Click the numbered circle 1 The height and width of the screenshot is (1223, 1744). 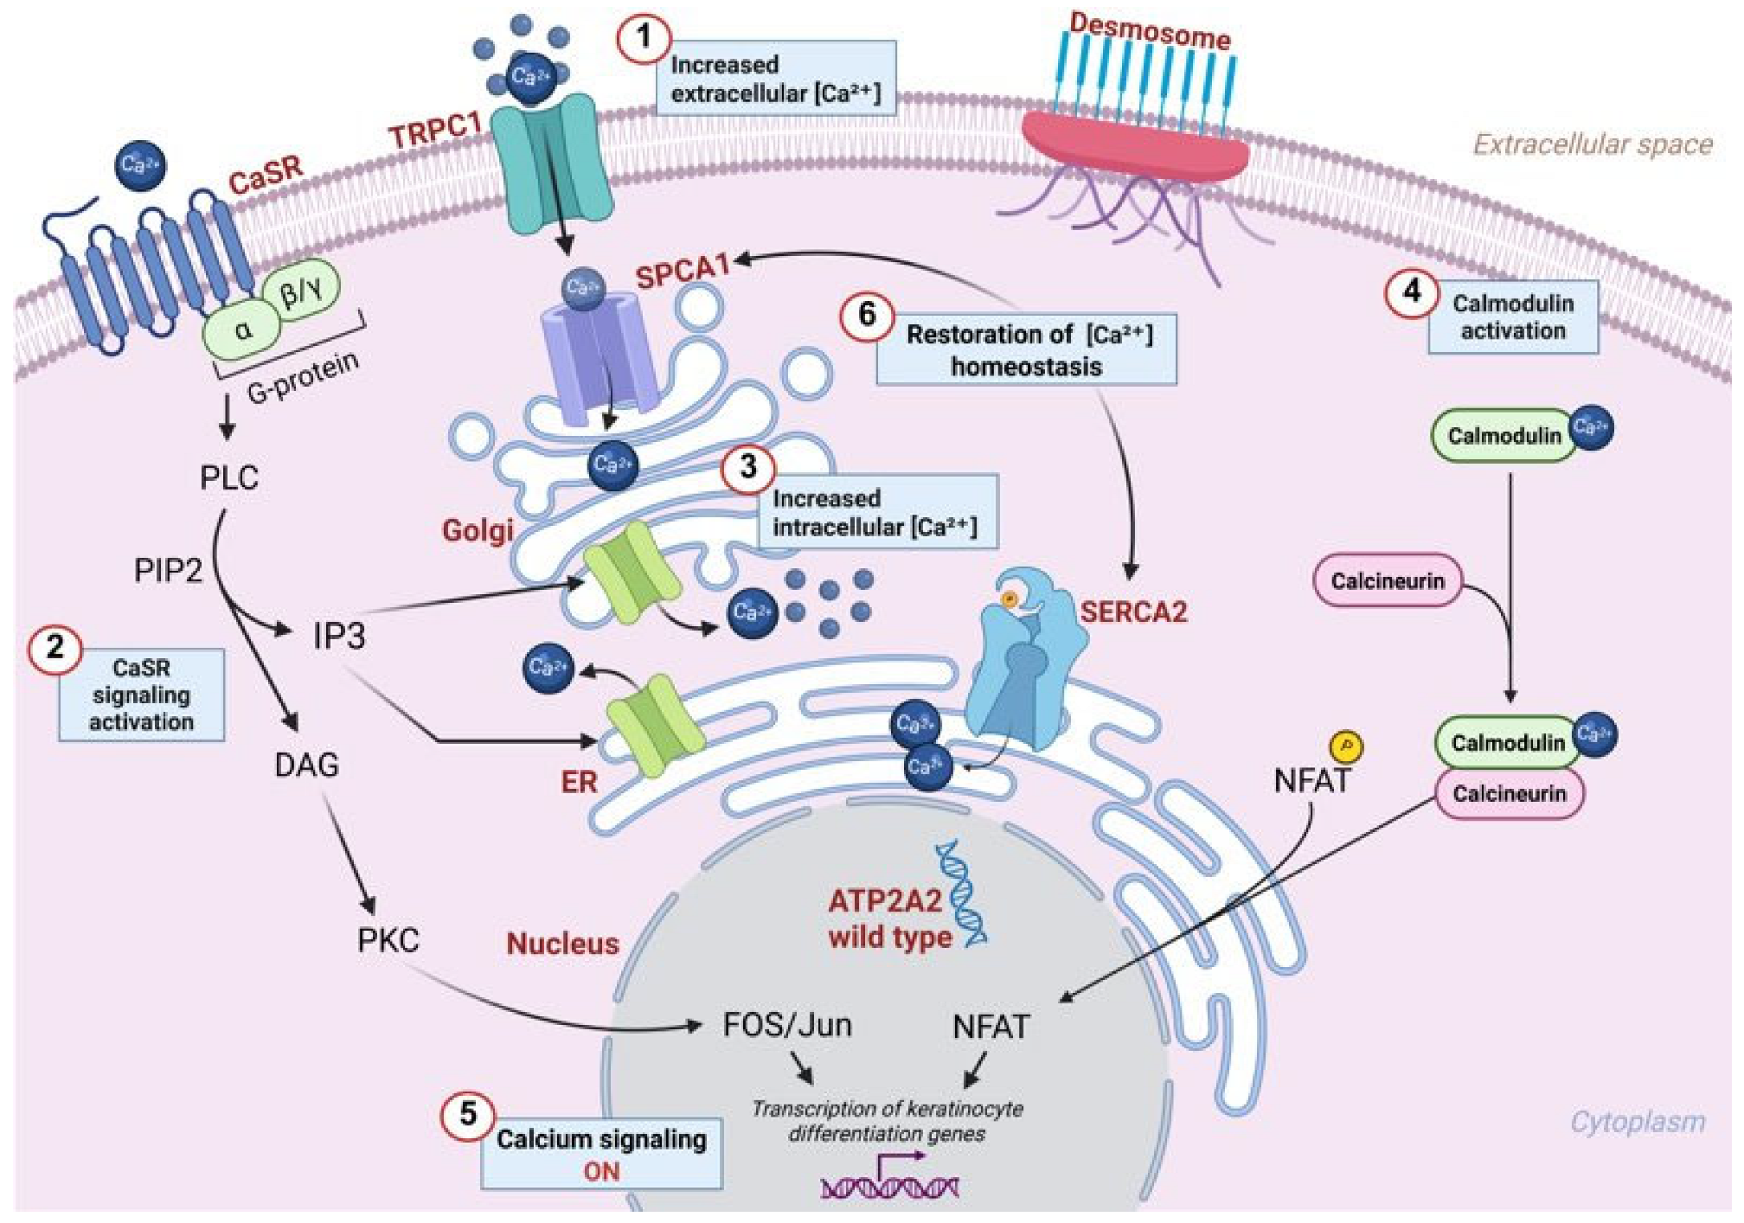(x=644, y=37)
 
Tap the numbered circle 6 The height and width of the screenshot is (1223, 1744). (x=866, y=314)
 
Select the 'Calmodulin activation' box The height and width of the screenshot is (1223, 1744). (x=1512, y=317)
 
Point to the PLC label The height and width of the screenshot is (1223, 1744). (x=228, y=477)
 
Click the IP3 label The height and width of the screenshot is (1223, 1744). (x=338, y=637)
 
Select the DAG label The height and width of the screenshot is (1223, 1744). (x=306, y=765)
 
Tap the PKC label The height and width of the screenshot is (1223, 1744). (x=388, y=940)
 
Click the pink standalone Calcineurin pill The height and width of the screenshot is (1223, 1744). (x=1387, y=580)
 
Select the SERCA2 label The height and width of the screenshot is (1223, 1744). (x=1133, y=612)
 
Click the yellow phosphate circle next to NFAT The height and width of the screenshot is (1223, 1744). (x=1345, y=746)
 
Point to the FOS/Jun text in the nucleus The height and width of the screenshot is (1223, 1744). (x=786, y=1025)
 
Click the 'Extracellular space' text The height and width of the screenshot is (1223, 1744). (x=1592, y=144)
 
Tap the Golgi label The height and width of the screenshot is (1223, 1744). (x=478, y=530)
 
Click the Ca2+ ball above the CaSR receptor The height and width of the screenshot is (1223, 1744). (x=140, y=164)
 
